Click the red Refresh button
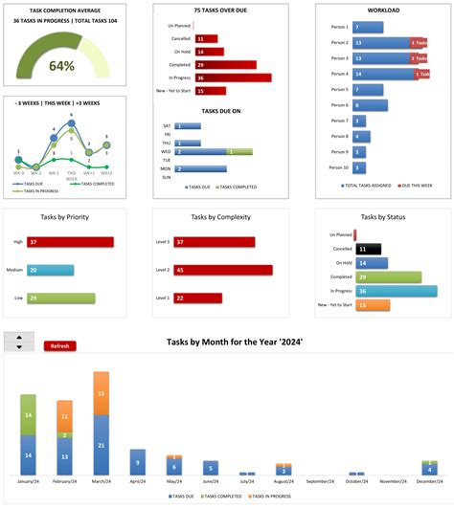59,345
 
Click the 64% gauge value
61,66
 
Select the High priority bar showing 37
70,243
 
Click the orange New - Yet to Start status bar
372,305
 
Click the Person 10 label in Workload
338,167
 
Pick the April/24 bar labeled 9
138,462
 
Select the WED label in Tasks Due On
166,151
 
